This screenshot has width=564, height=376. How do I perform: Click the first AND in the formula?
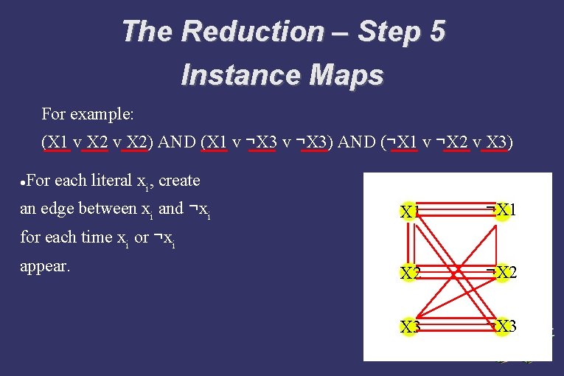click(x=176, y=142)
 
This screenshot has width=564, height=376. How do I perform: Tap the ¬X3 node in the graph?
click(x=502, y=327)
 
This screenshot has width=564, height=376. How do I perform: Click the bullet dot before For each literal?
click(x=24, y=181)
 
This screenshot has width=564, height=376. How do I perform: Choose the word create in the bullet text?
click(x=179, y=180)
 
